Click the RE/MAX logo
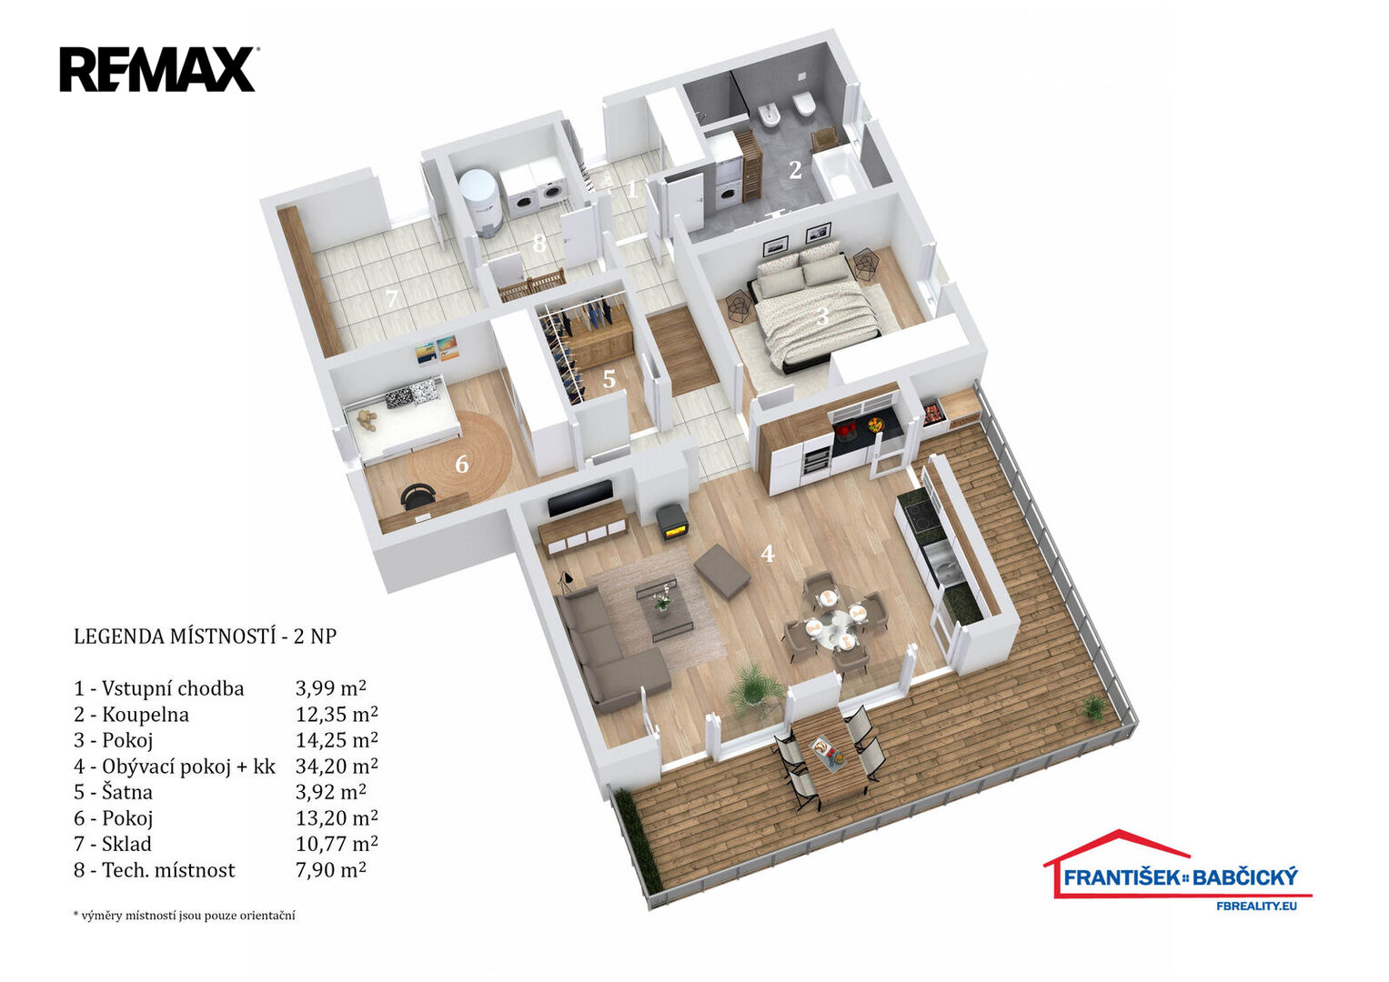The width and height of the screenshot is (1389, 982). coord(159,69)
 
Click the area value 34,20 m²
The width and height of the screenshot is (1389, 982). coord(336,767)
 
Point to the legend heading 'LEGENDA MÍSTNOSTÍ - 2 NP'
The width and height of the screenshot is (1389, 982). coord(206,636)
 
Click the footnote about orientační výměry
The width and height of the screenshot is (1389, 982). coord(184,915)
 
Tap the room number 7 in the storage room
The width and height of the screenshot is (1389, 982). coord(391,299)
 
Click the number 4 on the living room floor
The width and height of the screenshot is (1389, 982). coord(768,554)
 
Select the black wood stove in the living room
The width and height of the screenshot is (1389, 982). coord(671,522)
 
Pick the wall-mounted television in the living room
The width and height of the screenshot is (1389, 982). coord(579,498)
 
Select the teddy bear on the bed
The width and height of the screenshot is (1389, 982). coord(367,420)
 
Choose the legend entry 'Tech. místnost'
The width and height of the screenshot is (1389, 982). coord(155,870)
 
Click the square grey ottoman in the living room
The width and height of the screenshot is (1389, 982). coord(722,570)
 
